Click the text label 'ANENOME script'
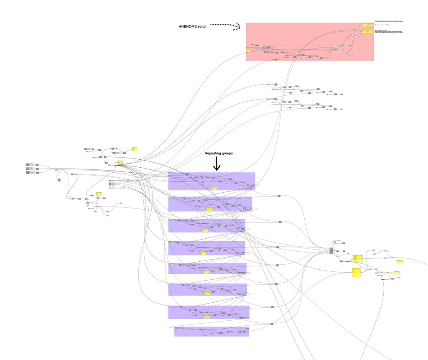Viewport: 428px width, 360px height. (x=192, y=26)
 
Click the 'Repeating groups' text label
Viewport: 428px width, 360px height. (x=219, y=153)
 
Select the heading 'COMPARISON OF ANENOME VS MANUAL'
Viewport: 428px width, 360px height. (x=392, y=21)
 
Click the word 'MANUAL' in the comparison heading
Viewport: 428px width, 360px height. (x=403, y=21)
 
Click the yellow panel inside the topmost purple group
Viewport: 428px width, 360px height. (x=214, y=189)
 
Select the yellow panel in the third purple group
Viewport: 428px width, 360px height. (x=205, y=230)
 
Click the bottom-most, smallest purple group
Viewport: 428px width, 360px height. (x=211, y=331)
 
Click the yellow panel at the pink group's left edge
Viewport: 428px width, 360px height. (x=249, y=51)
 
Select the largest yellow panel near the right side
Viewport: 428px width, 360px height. (x=356, y=272)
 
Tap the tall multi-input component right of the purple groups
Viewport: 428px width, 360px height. (x=331, y=250)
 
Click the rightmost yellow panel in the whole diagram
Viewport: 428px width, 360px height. (x=400, y=261)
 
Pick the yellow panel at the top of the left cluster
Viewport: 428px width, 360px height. (x=135, y=149)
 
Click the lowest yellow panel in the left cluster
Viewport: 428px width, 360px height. (x=99, y=194)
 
